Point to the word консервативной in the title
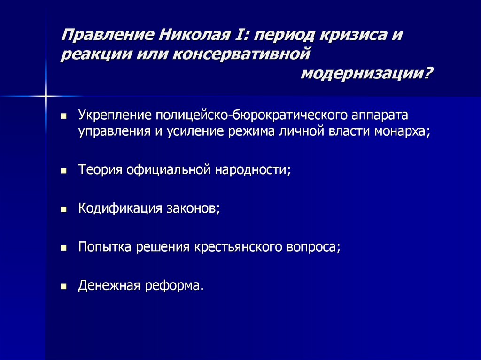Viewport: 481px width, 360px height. pyautogui.click(x=242, y=54)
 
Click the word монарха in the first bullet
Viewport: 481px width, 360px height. pyautogui.click(x=402, y=131)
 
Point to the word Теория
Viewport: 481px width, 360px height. pyautogui.click(x=100, y=169)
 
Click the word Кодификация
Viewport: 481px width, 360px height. pyautogui.click(x=120, y=208)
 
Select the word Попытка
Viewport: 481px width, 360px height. pyautogui.click(x=105, y=247)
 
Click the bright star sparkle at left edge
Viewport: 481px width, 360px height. pyautogui.click(x=46, y=96)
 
